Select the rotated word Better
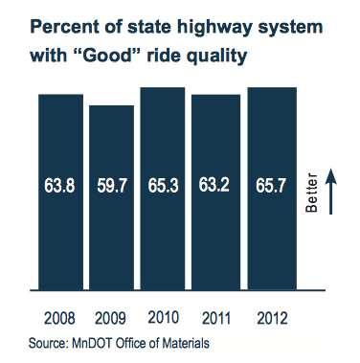[311, 192]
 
